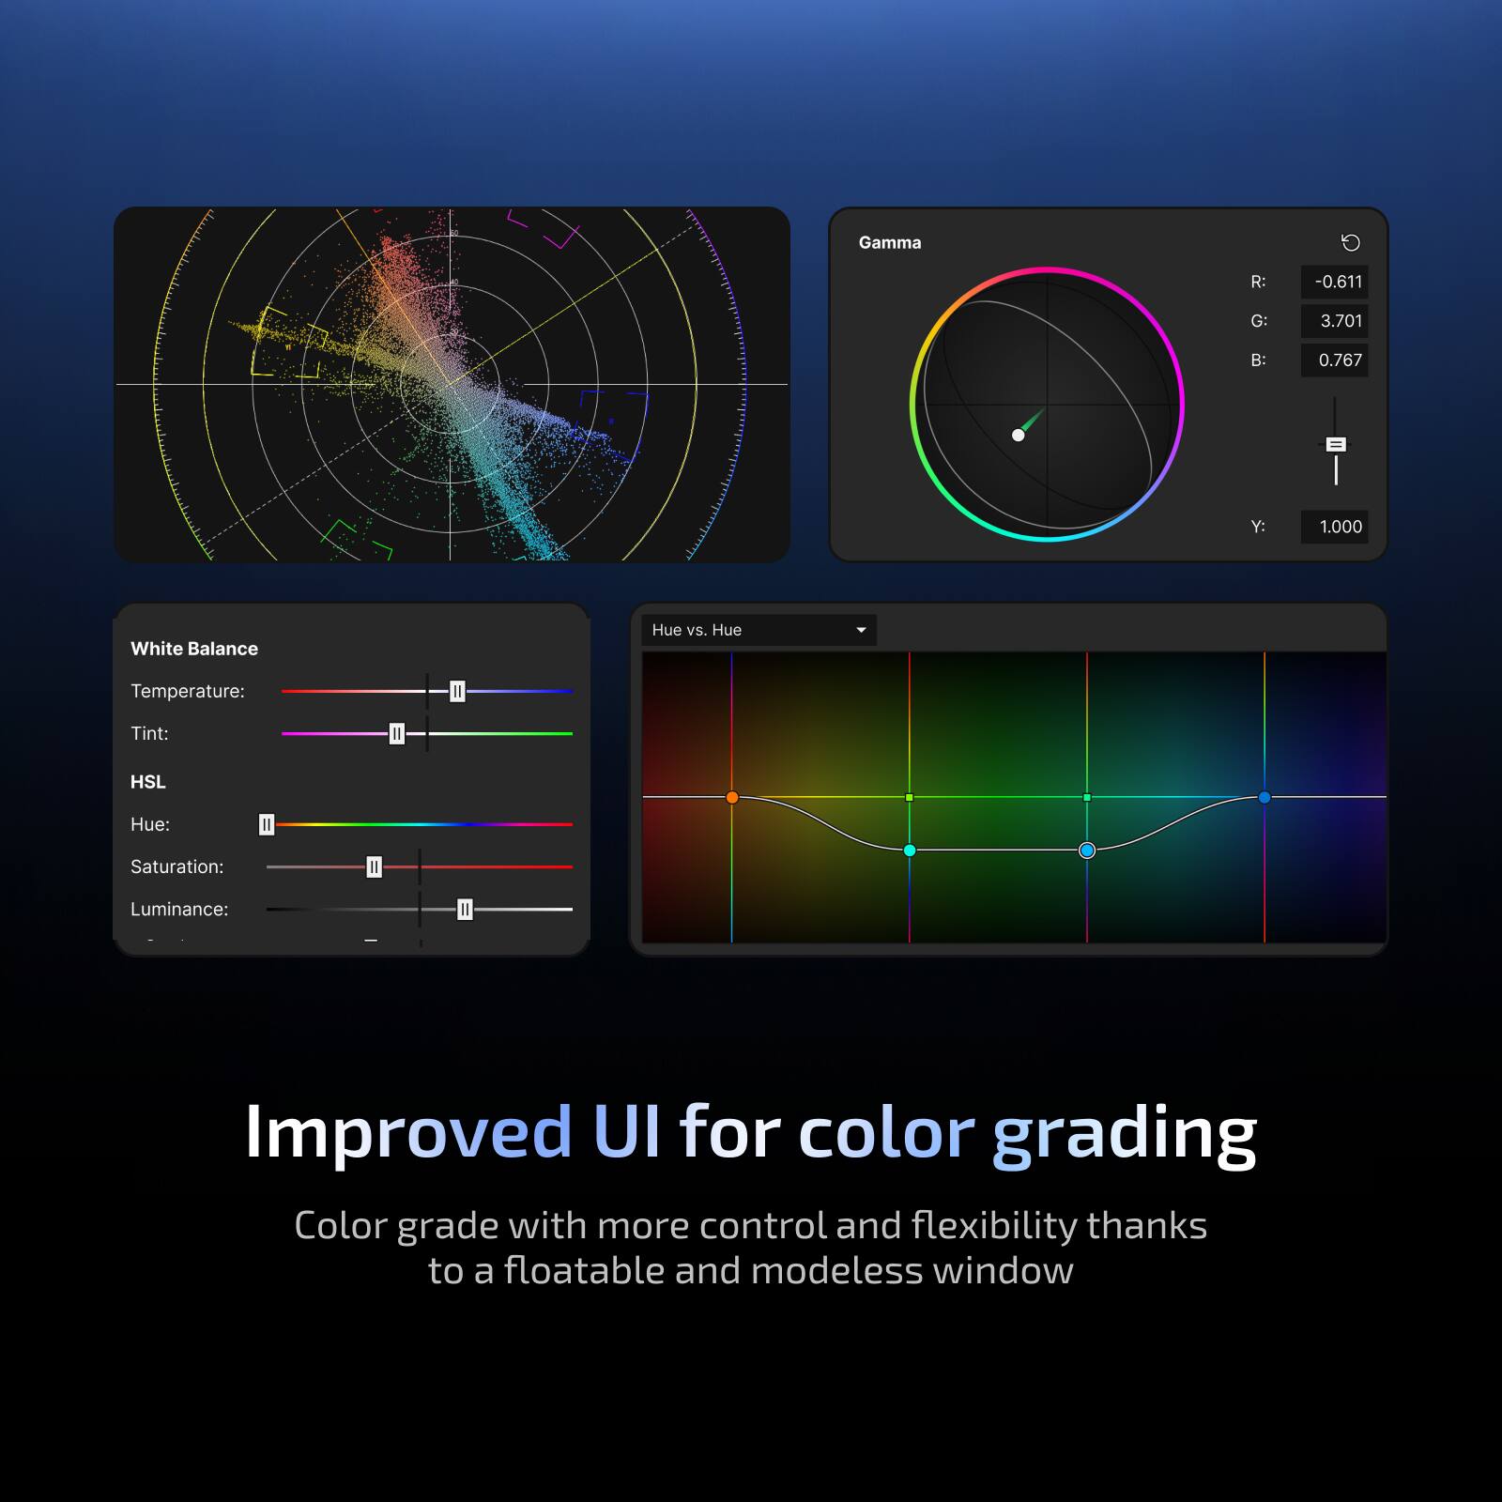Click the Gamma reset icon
click(1350, 243)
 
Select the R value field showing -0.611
click(1334, 282)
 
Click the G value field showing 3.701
click(1334, 321)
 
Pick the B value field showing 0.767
click(1334, 360)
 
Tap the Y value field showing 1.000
click(1334, 527)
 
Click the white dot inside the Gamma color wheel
click(1018, 435)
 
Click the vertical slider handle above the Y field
click(1336, 444)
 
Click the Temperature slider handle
click(457, 692)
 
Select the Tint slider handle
click(397, 734)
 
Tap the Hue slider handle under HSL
click(267, 824)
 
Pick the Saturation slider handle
click(374, 867)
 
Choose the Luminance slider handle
click(465, 910)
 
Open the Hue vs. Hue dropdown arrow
click(861, 630)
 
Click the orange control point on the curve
click(732, 797)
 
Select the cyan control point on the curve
click(910, 851)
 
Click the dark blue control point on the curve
click(1264, 797)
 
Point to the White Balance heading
click(194, 649)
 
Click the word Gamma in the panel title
click(890, 242)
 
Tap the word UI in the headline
click(626, 1131)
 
